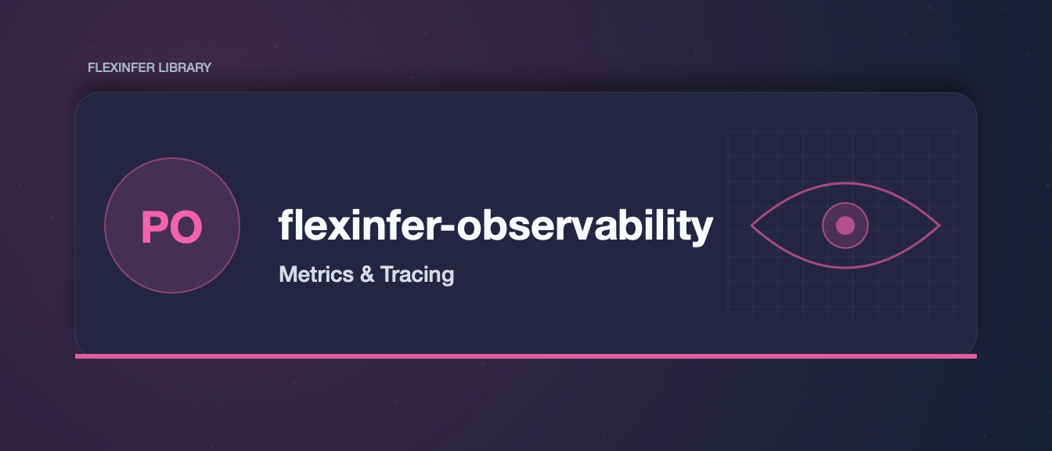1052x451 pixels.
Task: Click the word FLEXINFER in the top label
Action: click(121, 67)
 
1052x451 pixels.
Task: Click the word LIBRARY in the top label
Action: click(185, 67)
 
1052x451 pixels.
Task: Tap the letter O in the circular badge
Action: click(186, 227)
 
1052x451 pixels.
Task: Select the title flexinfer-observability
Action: click(496, 226)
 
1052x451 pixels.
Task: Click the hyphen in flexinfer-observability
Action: click(449, 228)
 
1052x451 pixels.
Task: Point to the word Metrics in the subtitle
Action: click(316, 274)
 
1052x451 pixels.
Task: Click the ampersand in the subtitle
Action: click(367, 274)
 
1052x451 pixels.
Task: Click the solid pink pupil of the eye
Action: click(845, 225)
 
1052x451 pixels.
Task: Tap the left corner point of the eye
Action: click(751, 225)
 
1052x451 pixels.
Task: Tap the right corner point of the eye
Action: click(940, 225)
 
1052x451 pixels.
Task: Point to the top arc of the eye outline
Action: click(845, 183)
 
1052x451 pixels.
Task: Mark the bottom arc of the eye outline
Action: click(845, 268)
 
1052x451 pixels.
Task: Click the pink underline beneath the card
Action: click(526, 356)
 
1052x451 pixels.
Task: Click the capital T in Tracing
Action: click(388, 274)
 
